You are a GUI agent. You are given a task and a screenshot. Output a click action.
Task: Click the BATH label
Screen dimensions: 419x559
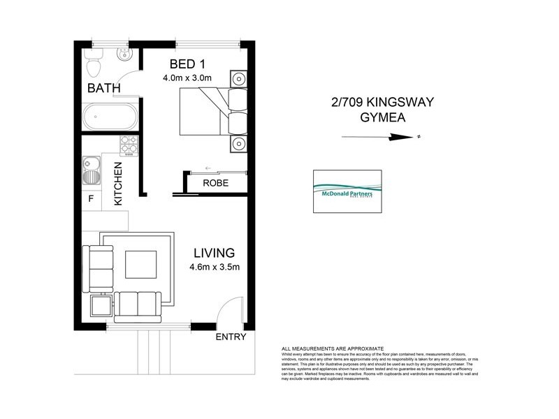point(103,89)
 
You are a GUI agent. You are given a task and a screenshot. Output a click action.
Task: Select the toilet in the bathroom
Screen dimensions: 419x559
point(94,64)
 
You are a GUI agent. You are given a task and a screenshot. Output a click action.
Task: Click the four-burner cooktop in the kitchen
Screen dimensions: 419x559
point(129,145)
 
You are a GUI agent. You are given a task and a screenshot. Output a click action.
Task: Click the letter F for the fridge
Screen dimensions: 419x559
point(89,198)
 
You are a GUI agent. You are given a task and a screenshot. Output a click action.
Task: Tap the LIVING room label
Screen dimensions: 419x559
point(214,252)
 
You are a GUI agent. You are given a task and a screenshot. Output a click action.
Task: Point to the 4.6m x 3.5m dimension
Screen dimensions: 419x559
point(215,266)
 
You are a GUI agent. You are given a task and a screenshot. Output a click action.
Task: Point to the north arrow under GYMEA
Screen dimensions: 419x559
point(382,138)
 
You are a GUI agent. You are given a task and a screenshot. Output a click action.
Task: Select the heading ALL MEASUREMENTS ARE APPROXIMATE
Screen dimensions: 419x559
point(333,348)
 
